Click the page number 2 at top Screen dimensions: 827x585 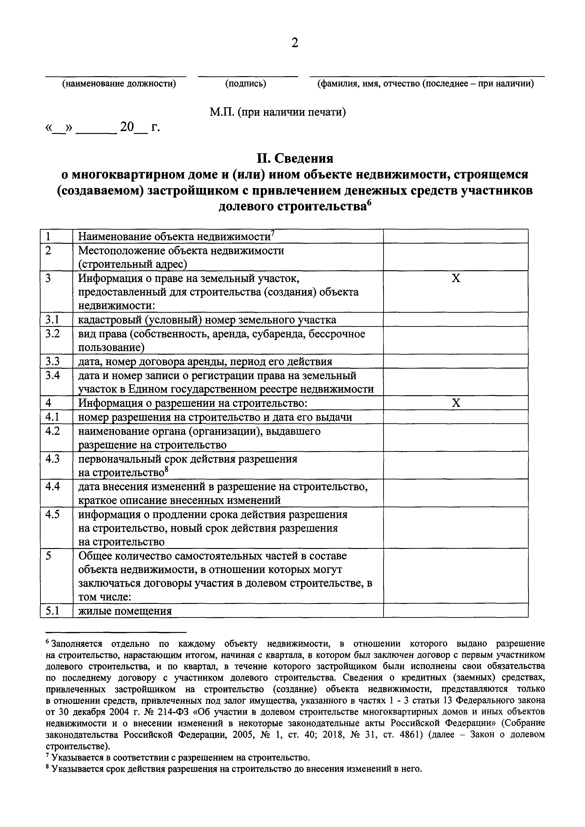[x=295, y=43]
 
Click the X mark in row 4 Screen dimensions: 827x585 [x=456, y=403]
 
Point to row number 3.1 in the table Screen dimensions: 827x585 [x=52, y=320]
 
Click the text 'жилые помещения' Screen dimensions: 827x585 [x=125, y=611]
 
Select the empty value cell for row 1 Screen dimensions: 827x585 [x=456, y=236]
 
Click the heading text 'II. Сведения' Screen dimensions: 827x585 [x=295, y=158]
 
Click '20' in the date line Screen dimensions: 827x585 [x=127, y=127]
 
